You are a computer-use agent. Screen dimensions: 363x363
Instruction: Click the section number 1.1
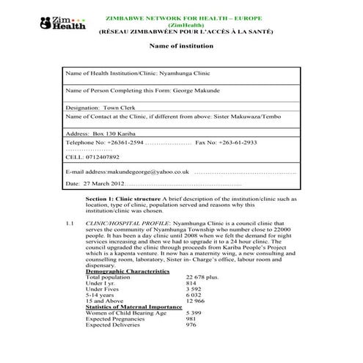(70, 221)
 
